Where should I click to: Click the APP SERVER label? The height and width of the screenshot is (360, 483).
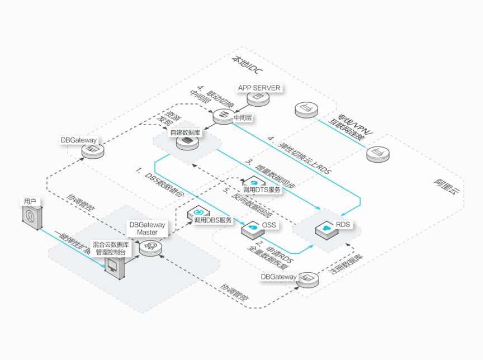(259, 88)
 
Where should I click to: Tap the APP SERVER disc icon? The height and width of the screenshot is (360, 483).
(258, 98)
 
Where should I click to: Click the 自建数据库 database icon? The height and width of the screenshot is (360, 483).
(187, 143)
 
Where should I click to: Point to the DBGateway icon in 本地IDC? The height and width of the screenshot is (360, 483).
(93, 150)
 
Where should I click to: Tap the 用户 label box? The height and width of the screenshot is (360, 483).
(30, 201)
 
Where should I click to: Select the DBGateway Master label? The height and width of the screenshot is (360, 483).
(147, 229)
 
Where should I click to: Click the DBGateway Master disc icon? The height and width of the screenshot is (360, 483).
(150, 248)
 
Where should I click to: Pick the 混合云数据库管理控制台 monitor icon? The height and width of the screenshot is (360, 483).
(115, 267)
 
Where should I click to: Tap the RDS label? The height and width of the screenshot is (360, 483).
(343, 225)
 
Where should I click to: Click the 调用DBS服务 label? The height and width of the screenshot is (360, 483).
(213, 220)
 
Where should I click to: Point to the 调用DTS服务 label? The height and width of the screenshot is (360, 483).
(262, 190)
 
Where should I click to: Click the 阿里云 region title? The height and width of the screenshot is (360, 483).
(446, 186)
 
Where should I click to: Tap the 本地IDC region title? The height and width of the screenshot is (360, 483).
(247, 64)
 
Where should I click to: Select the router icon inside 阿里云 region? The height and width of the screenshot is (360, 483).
(378, 154)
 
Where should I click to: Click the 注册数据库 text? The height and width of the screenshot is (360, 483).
(345, 264)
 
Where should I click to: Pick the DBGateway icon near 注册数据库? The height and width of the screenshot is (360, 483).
(307, 280)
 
